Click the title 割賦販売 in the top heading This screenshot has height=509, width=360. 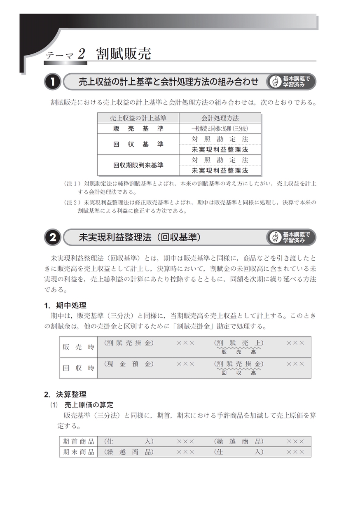click(124, 54)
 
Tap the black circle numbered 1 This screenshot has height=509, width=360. click(53, 82)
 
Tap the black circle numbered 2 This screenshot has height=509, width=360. click(53, 238)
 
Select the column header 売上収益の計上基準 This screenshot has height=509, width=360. click(138, 118)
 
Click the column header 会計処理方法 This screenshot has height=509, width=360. click(220, 118)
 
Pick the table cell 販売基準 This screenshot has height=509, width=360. click(138, 128)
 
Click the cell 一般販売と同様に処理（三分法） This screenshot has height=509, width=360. click(220, 128)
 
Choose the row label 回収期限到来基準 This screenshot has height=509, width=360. click(138, 165)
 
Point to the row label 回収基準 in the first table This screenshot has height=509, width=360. click(138, 144)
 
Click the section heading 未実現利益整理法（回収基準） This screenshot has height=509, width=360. click(140, 238)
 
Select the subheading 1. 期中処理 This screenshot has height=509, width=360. click(65, 306)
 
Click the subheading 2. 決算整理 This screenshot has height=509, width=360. click(65, 394)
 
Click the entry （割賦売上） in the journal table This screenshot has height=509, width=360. click(238, 343)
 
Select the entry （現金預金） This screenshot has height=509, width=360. click(129, 364)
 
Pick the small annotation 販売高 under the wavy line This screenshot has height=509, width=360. click(238, 352)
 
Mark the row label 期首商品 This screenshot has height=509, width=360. click(79, 441)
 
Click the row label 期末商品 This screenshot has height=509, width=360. click(79, 452)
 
